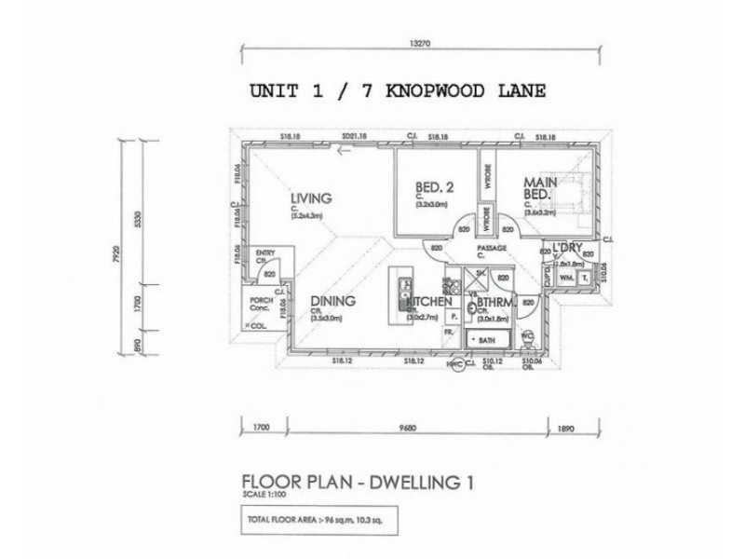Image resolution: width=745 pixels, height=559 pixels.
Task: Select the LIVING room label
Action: (311, 198)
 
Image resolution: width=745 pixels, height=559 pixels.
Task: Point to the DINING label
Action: (332, 301)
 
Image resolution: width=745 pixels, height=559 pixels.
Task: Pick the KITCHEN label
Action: (429, 302)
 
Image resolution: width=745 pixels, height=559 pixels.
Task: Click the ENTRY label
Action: (266, 252)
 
